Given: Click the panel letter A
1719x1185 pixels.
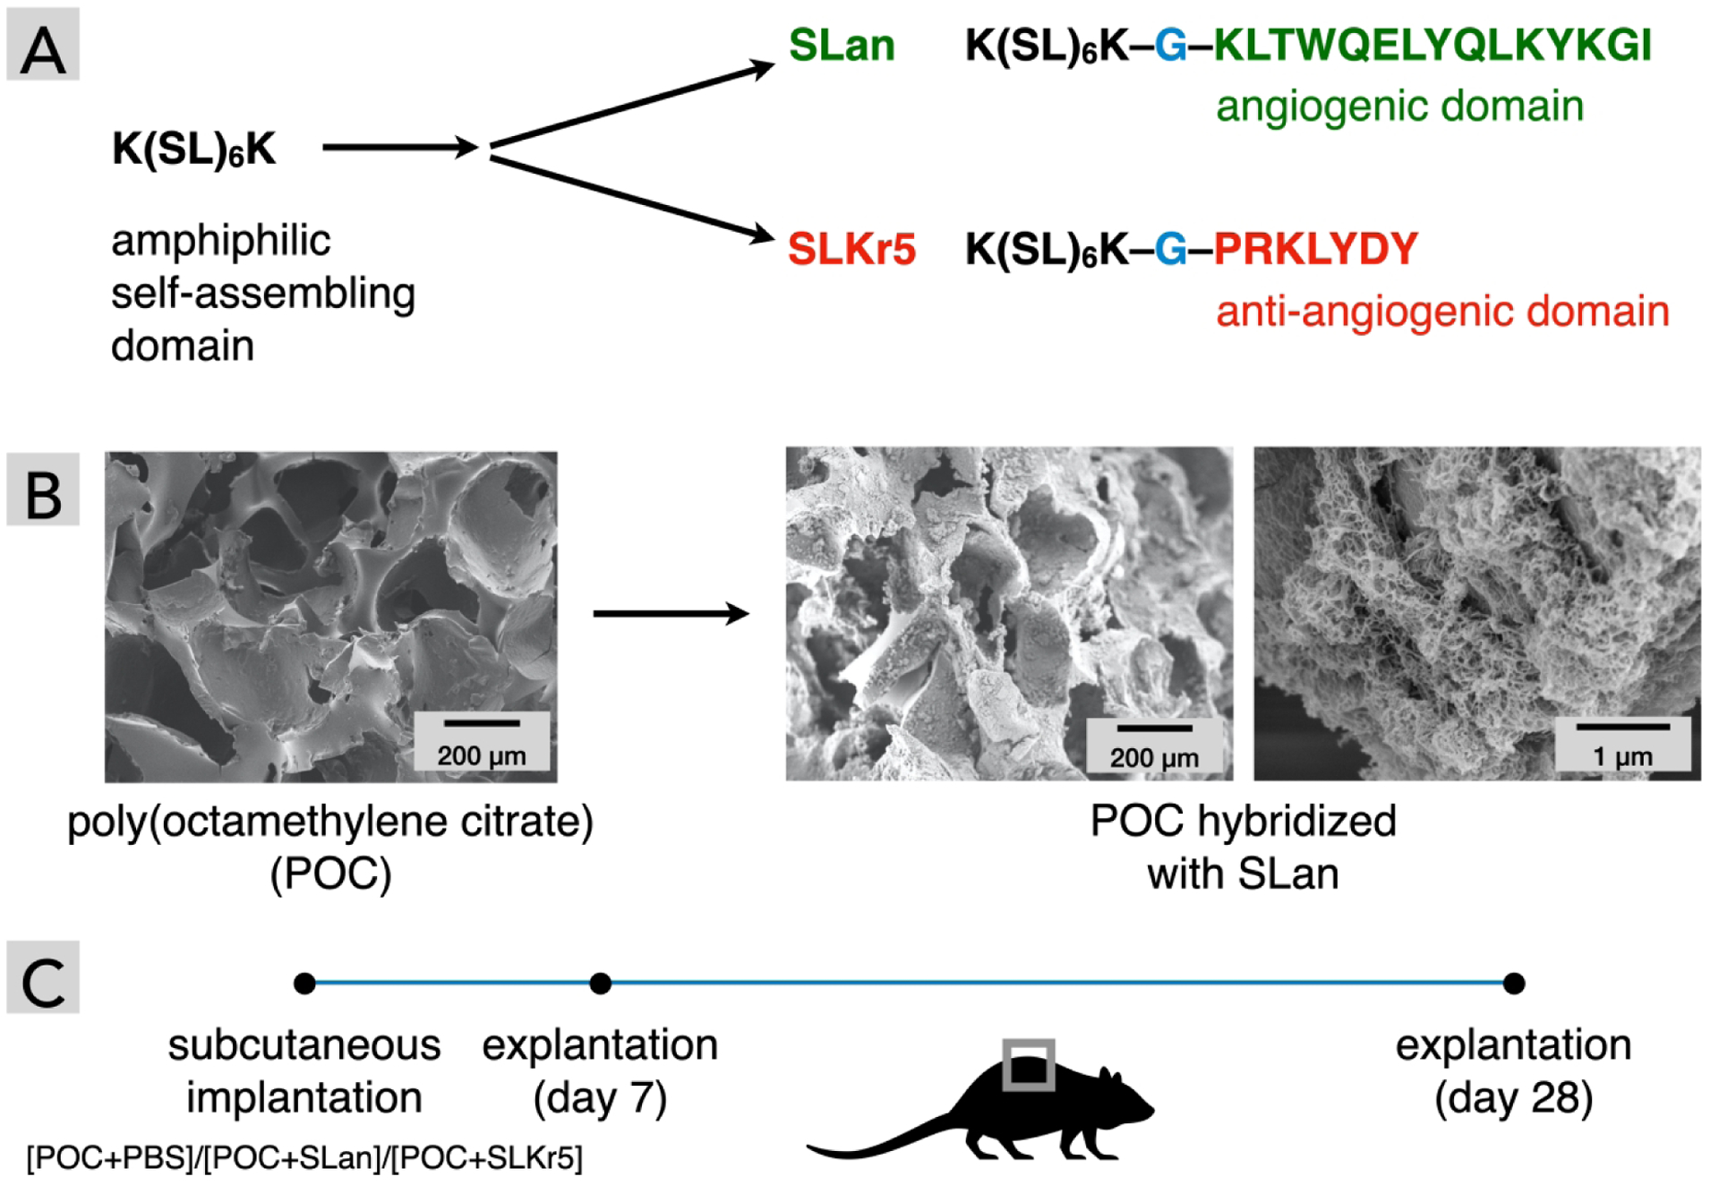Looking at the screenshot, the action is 42,47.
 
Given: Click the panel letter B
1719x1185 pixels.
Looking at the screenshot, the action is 42,493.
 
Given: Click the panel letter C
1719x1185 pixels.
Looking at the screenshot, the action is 42,981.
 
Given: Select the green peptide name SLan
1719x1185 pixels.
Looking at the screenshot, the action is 841,45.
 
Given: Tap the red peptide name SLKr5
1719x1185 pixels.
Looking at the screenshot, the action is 851,249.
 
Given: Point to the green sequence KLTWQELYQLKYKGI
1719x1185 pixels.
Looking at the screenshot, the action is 1432,45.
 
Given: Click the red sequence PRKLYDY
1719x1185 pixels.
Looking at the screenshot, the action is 1315,249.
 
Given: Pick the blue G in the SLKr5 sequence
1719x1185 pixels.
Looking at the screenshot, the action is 1170,249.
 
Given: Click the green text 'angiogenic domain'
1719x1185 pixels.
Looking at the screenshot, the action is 1399,106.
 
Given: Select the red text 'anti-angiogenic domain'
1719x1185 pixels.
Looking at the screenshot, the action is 1441,311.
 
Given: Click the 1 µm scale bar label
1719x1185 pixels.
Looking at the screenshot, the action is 1622,756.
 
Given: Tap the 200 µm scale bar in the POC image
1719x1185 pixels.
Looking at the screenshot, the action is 482,723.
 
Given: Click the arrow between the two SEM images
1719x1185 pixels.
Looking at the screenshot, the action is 671,613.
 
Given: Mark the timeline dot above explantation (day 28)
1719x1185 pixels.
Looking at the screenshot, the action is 1513,984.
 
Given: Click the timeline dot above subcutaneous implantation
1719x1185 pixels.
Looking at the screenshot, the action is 304,984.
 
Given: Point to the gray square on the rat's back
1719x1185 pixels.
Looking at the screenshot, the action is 1028,1064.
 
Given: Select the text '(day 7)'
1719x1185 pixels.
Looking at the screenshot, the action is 600,1098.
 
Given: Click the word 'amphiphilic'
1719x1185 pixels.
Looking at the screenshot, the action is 220,240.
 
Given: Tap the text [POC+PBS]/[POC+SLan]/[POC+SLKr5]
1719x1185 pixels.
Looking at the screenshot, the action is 304,1158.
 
